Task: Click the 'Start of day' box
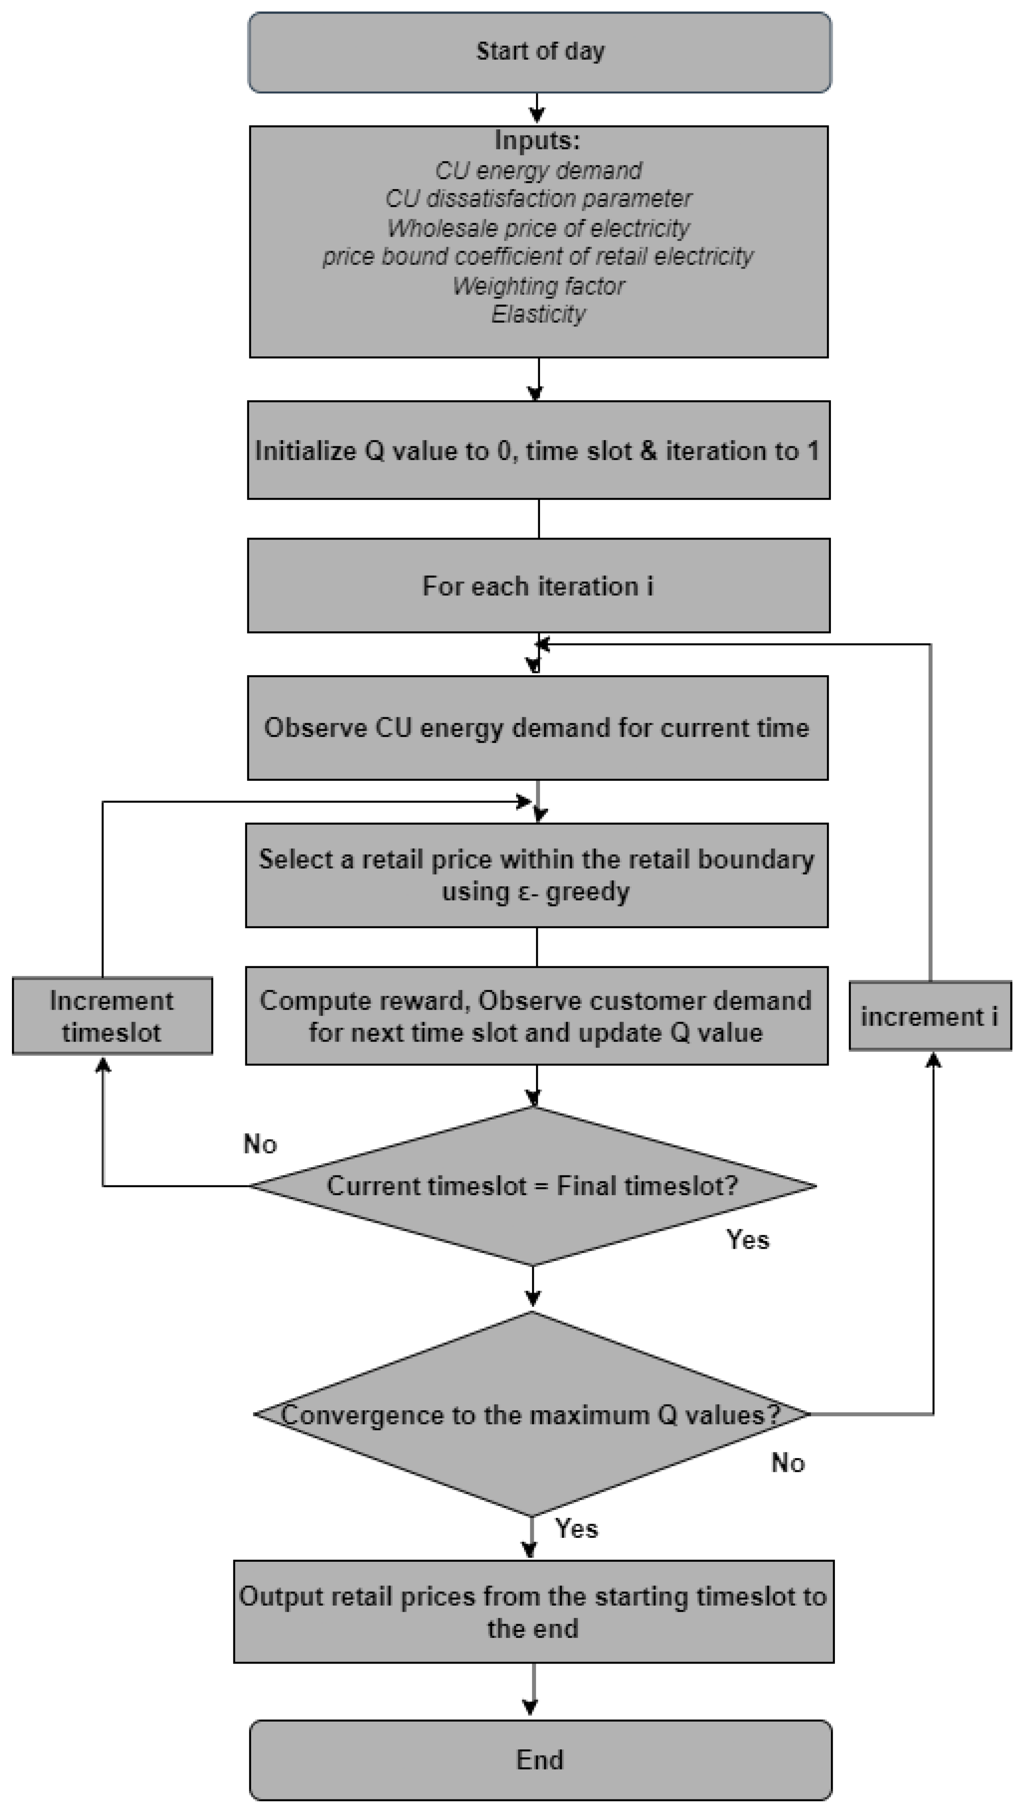point(539,52)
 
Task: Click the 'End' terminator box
point(539,1760)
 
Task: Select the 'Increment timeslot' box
point(112,1016)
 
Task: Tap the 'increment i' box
point(930,1016)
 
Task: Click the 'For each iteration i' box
point(538,586)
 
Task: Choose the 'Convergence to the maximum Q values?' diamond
point(532,1414)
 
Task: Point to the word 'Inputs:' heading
point(537,141)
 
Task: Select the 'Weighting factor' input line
point(538,286)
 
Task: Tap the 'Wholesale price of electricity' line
point(538,228)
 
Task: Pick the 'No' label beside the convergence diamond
point(788,1463)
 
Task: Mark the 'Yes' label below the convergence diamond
point(576,1529)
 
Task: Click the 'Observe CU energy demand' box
point(537,728)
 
